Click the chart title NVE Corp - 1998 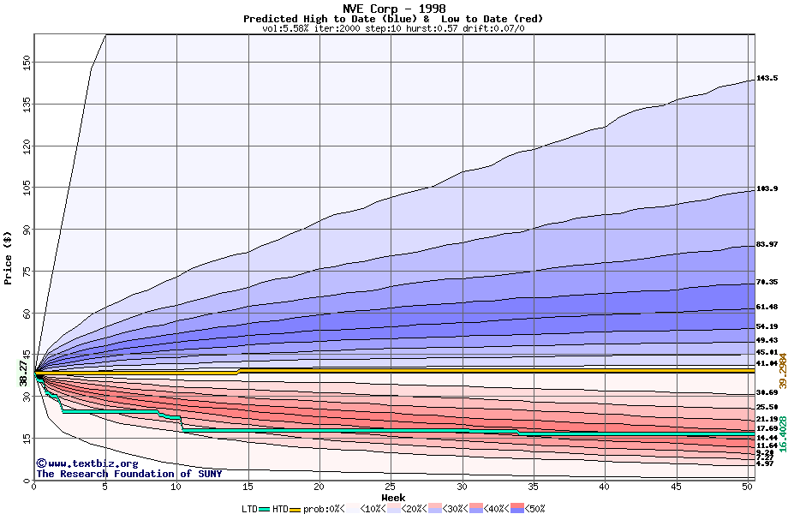click(393, 8)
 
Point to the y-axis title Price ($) click(9, 257)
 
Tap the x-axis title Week click(393, 498)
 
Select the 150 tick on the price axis click(27, 62)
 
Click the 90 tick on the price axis click(27, 230)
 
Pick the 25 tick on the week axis click(391, 487)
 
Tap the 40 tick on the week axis click(605, 487)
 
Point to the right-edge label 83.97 click(767, 245)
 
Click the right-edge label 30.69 click(767, 392)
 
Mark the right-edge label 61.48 click(767, 307)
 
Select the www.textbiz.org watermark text click(81, 463)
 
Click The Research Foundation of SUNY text click(128, 474)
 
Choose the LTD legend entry click(249, 509)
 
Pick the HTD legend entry click(280, 509)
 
